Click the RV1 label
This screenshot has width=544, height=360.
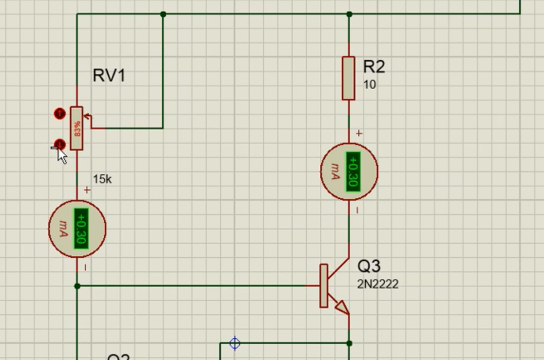[x=109, y=76]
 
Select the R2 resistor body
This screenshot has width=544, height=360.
[x=348, y=78]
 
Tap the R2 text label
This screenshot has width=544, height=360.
[x=374, y=66]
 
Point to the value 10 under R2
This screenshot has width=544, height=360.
[x=369, y=85]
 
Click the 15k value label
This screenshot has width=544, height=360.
[x=102, y=179]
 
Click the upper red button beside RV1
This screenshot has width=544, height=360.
[x=59, y=114]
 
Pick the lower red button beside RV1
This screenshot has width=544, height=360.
[x=59, y=145]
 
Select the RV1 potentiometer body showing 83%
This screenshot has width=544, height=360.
[x=77, y=128]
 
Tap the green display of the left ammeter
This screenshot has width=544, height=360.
[x=80, y=228]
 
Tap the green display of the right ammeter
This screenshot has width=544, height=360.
[x=353, y=172]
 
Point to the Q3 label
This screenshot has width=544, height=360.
[x=369, y=266]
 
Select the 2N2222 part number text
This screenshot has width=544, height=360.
[x=378, y=284]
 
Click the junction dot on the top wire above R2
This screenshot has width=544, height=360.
[x=349, y=14]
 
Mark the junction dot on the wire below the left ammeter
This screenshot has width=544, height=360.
[x=77, y=286]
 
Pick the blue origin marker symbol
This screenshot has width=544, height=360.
[x=235, y=343]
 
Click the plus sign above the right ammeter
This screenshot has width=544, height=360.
[x=359, y=133]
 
